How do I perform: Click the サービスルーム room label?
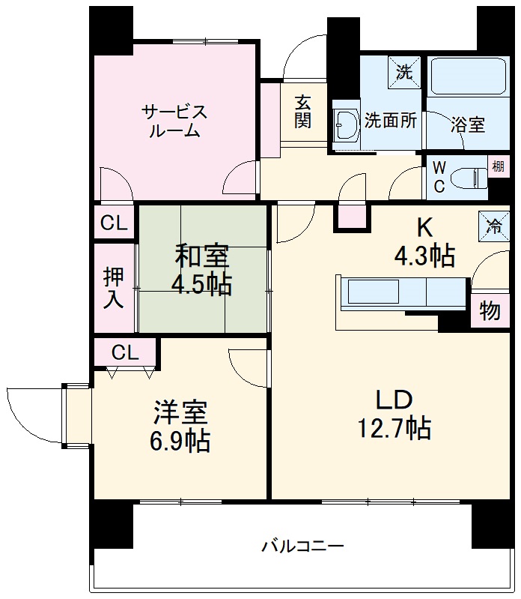coord(174,121)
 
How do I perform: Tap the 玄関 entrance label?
coord(302,111)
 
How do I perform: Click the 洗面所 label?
coord(391,120)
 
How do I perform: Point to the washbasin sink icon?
coord(347,123)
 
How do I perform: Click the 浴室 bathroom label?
coord(468,124)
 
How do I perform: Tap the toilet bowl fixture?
coord(469,177)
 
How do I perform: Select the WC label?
coord(439,177)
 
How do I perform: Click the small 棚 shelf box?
coord(498,166)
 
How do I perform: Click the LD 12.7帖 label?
coord(394,414)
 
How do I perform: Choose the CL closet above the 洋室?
coord(125,352)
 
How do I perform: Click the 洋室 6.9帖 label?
coord(181,427)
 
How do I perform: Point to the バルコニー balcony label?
coord(302,546)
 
